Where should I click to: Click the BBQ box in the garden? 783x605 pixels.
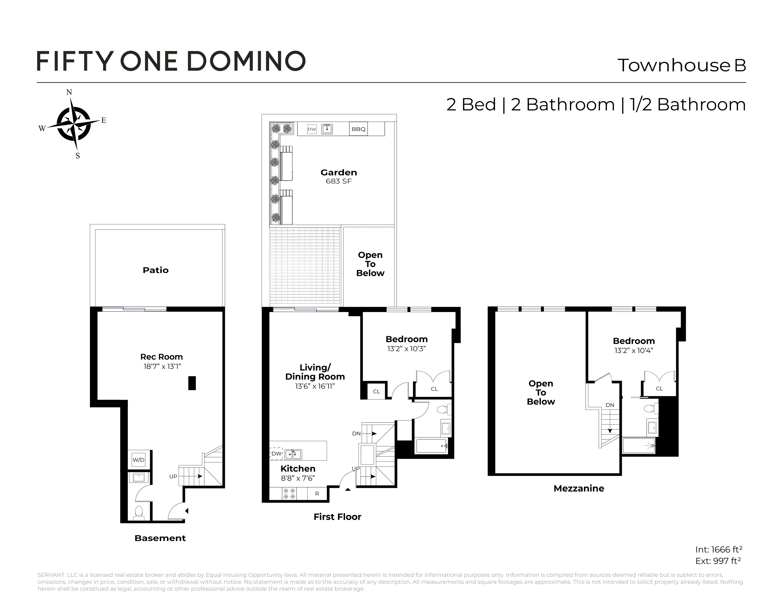[x=358, y=129]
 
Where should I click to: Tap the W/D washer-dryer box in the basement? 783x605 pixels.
[x=138, y=460]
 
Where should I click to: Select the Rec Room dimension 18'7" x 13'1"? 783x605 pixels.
[x=161, y=366]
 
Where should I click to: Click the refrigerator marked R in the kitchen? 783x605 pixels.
[x=317, y=493]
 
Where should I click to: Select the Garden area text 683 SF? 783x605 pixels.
[x=338, y=181]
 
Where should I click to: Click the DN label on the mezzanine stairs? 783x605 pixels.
[x=610, y=405]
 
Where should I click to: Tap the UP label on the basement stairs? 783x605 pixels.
[x=173, y=476]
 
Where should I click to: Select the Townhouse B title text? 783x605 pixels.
[x=681, y=65]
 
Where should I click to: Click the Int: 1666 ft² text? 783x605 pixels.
[x=718, y=549]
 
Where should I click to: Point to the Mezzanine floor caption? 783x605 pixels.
[x=579, y=489]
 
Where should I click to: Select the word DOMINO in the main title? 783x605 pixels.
[x=246, y=61]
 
